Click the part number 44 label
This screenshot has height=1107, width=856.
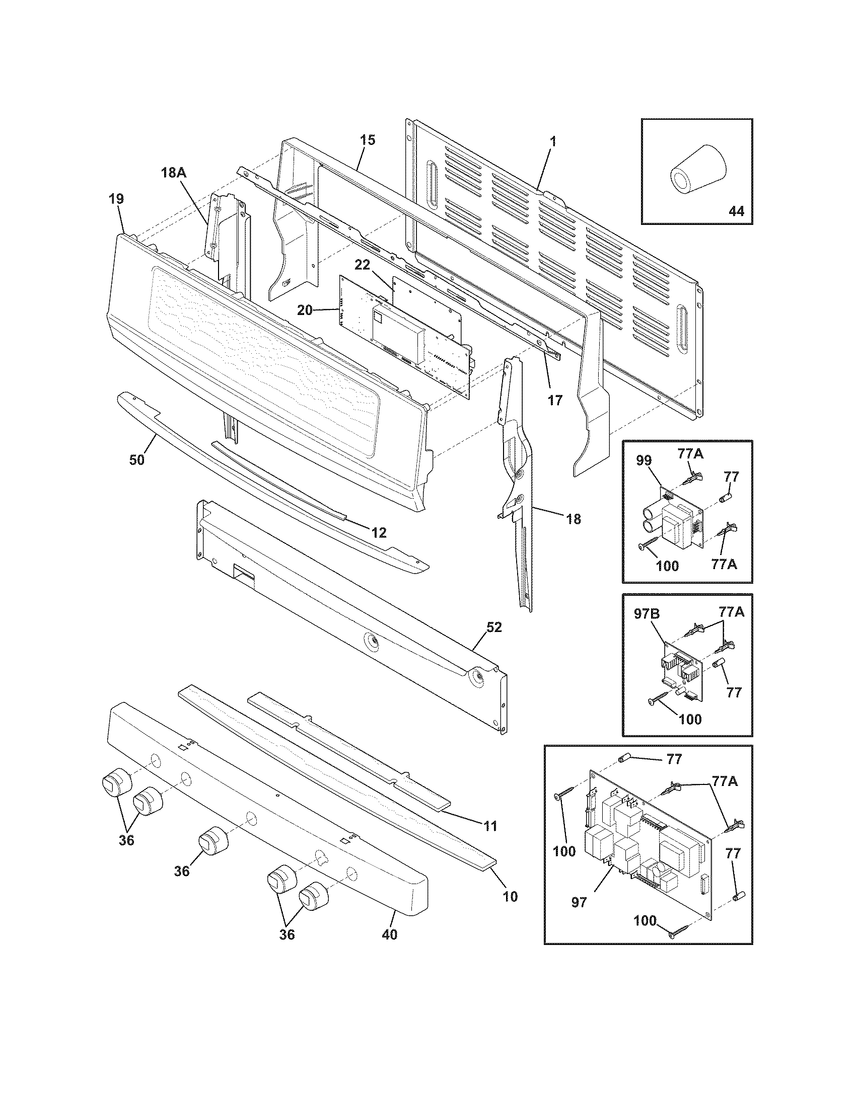(x=736, y=211)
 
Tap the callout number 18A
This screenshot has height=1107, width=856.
(x=173, y=173)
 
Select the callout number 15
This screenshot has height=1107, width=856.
(x=368, y=140)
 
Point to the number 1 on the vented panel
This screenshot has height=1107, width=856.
(x=553, y=142)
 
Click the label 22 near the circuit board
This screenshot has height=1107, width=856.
(x=376, y=265)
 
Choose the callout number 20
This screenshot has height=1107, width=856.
(x=305, y=310)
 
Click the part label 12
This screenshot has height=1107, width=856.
(x=378, y=532)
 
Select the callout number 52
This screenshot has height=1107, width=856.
(x=493, y=627)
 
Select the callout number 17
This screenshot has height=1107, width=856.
(x=555, y=400)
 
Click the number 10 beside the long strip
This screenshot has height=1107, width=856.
(x=510, y=896)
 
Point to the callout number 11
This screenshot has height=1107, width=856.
(x=490, y=826)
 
